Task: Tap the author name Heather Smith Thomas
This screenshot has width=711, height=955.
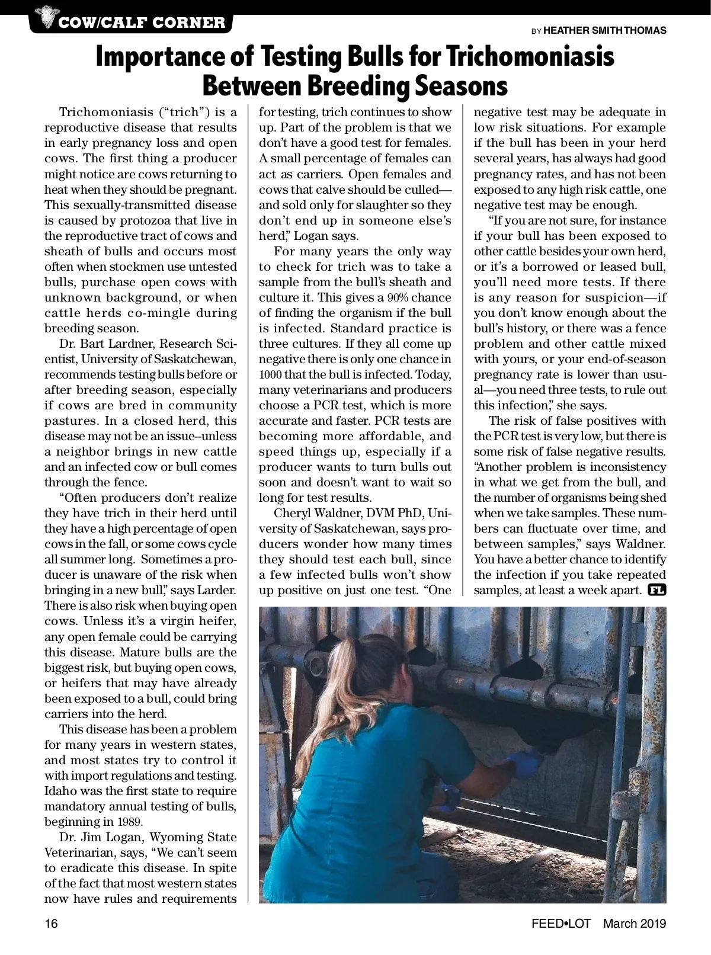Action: (604, 30)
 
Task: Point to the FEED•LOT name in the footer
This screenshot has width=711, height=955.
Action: (561, 924)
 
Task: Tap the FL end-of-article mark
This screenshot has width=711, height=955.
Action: (657, 590)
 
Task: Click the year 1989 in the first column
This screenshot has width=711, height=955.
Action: (130, 822)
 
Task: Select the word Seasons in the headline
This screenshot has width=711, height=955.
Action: (460, 86)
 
